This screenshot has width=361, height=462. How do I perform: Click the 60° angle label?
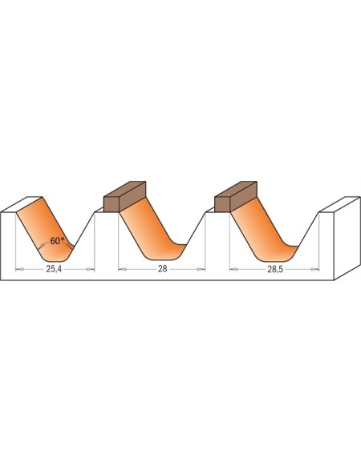56,240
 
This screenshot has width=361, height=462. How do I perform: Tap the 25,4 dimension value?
53,271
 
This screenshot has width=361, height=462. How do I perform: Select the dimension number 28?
162,271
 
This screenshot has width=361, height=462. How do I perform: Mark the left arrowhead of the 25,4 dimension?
19,270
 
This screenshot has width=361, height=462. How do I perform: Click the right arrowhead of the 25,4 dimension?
91,270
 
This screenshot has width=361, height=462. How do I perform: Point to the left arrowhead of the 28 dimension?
121,270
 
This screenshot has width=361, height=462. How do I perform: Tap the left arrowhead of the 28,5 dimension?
232,270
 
